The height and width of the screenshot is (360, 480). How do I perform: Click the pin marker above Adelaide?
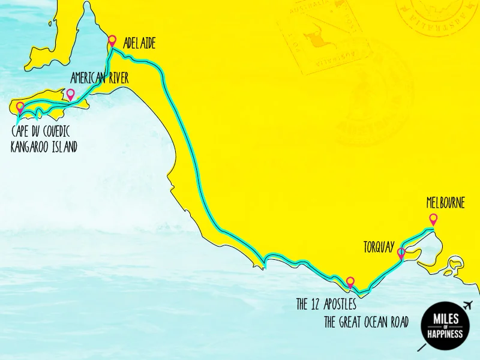[112, 41]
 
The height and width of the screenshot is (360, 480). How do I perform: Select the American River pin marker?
[70, 94]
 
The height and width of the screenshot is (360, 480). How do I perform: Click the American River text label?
[99, 78]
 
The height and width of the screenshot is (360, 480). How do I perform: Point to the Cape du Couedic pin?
[20, 107]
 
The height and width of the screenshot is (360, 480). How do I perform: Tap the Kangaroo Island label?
[44, 146]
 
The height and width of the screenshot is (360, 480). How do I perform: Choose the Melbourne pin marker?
[433, 219]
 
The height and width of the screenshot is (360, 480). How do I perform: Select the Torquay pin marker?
[401, 253]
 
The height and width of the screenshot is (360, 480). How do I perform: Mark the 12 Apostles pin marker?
[350, 281]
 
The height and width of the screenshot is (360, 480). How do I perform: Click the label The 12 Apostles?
[330, 305]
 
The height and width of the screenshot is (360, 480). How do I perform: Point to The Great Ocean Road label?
[366, 322]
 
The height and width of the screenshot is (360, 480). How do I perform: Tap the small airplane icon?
[468, 305]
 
